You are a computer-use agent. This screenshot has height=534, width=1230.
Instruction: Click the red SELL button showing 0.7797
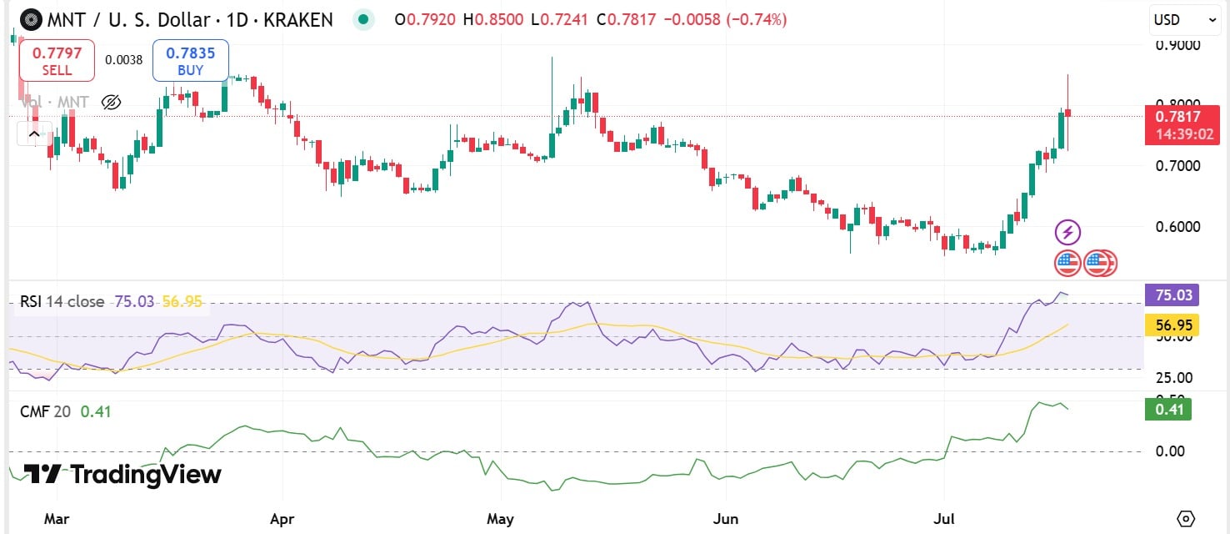tap(57, 61)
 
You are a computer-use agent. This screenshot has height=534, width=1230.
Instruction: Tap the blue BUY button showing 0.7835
tap(190, 61)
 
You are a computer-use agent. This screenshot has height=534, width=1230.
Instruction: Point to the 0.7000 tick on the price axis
tap(1177, 166)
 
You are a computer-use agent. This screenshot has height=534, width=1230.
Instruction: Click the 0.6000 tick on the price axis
tap(1177, 227)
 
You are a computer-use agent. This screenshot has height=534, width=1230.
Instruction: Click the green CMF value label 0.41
tap(1167, 410)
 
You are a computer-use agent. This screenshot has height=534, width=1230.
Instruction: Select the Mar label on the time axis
tap(56, 518)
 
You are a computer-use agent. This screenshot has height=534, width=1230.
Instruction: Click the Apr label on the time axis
tap(282, 518)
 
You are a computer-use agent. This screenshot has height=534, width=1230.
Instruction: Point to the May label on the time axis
tap(500, 518)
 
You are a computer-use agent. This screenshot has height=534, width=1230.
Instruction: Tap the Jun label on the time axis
tap(727, 518)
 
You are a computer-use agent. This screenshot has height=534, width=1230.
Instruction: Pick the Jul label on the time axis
tap(944, 518)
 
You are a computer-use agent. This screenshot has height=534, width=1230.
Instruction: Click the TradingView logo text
tap(122, 475)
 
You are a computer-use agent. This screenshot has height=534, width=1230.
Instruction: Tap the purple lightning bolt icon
tap(1067, 232)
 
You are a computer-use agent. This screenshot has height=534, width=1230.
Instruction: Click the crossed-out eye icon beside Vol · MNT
tap(111, 103)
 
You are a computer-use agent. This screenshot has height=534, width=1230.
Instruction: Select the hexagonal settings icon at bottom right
tap(1187, 518)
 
